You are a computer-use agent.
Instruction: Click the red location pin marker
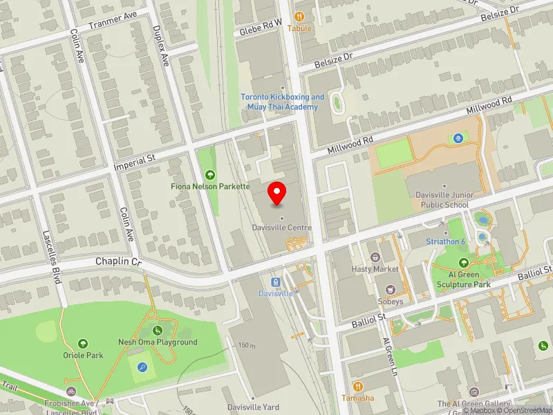(x=277, y=194)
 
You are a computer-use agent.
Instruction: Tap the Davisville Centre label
(x=281, y=228)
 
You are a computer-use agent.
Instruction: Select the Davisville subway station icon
(x=276, y=282)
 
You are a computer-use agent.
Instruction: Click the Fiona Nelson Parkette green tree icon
(x=211, y=174)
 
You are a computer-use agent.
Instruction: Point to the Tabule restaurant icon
(x=299, y=16)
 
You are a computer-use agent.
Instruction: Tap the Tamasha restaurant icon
(x=357, y=386)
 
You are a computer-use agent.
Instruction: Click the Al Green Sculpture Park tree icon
(x=462, y=262)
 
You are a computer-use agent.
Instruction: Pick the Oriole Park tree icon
(x=83, y=343)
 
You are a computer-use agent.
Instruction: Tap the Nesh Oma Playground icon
(x=158, y=330)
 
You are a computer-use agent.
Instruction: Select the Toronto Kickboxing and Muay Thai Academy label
(x=282, y=102)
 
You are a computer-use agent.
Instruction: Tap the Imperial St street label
(x=135, y=163)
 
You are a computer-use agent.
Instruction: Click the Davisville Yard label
(x=255, y=407)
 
